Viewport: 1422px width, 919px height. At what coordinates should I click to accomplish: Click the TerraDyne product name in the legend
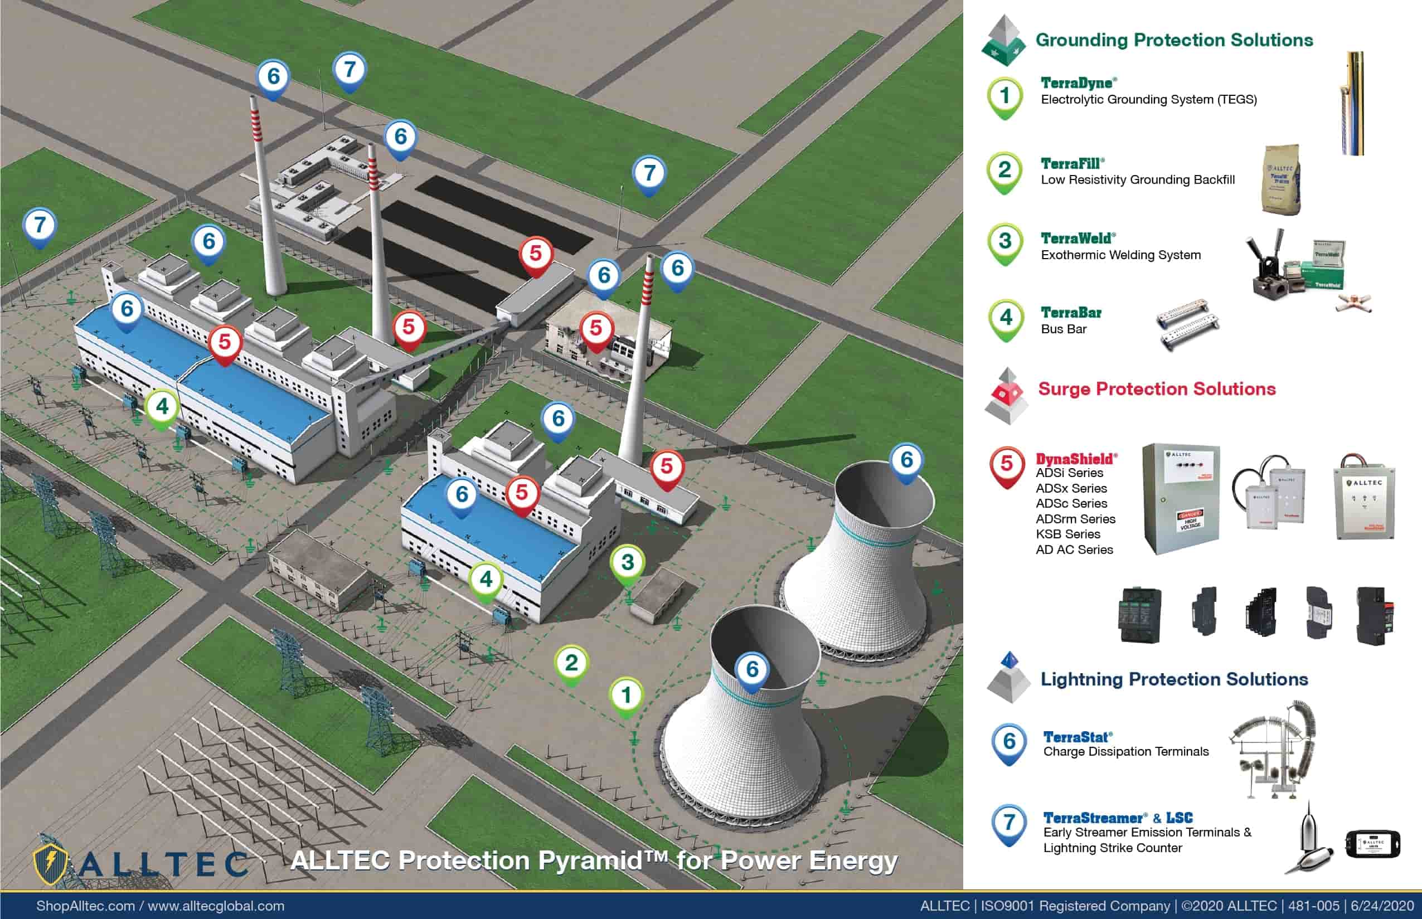[1078, 83]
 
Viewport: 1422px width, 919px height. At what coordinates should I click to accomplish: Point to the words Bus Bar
[1064, 329]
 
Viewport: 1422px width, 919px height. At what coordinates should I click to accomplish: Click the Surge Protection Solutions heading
[1157, 389]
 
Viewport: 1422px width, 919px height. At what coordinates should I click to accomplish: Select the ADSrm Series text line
[1075, 519]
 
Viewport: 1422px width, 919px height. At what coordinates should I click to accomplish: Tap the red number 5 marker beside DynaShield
[1007, 465]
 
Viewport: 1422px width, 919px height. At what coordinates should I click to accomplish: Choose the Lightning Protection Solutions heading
[1174, 679]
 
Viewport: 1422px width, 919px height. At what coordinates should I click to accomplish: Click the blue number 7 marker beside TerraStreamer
[1008, 823]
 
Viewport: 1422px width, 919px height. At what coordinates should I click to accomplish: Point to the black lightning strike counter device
[1373, 844]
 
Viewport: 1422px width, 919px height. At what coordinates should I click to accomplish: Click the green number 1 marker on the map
[626, 696]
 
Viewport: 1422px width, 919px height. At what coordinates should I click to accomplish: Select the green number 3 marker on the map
[627, 563]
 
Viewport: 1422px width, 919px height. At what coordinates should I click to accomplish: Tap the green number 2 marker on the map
[571, 664]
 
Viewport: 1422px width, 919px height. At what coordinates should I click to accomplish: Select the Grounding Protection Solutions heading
[1174, 40]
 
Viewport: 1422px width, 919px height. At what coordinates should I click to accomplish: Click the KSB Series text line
[1067, 534]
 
